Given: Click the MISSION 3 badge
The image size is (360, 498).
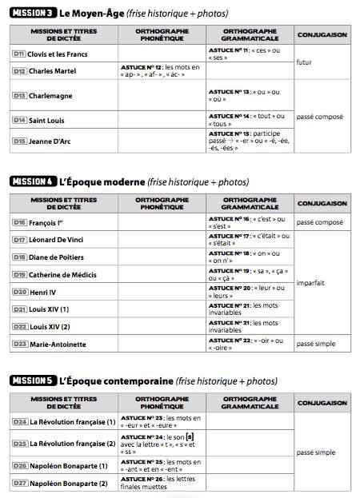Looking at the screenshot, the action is (x=33, y=14).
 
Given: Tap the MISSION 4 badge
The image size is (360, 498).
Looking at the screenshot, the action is (x=33, y=181).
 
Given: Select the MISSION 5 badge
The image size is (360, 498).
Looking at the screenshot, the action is (x=33, y=381).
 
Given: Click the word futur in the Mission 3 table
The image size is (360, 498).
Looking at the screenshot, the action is (x=304, y=62).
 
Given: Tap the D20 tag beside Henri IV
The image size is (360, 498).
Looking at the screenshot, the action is (x=20, y=292).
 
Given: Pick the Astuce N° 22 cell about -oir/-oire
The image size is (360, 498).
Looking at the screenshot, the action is (x=247, y=344).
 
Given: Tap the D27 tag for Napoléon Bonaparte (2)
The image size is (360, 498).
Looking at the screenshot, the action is (x=20, y=483).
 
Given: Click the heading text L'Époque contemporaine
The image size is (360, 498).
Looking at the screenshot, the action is (x=115, y=381).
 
